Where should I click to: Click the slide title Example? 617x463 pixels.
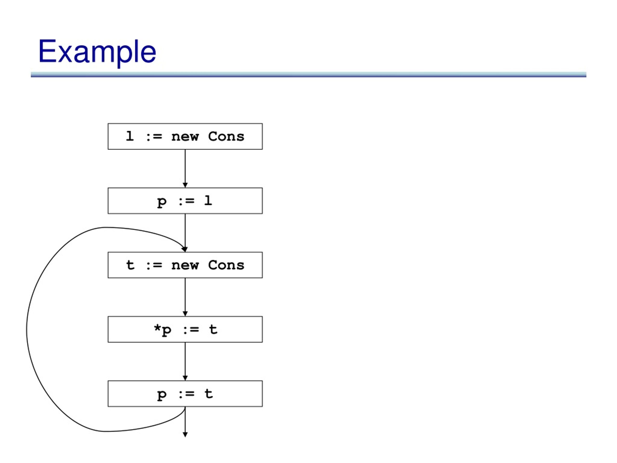(97, 52)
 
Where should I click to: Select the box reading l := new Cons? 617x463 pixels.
(185, 136)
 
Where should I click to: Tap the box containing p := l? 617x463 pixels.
(185, 201)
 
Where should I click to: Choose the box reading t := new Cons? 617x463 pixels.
(185, 265)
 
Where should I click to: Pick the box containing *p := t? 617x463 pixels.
(185, 329)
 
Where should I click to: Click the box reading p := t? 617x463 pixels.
(185, 394)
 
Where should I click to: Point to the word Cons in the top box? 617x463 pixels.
(226, 136)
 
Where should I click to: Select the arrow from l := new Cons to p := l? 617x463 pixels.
(185, 169)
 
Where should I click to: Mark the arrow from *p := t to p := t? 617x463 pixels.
(185, 361)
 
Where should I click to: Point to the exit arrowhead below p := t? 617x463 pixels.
(185, 435)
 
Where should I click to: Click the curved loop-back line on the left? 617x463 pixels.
(27, 329)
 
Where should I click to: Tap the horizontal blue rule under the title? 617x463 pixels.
(308, 75)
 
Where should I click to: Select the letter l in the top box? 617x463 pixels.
(130, 136)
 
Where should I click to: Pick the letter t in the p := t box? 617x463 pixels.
(209, 394)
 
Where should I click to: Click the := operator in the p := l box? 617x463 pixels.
(186, 201)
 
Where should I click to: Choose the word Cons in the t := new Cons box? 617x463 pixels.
(226, 265)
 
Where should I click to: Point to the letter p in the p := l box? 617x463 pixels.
(162, 202)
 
